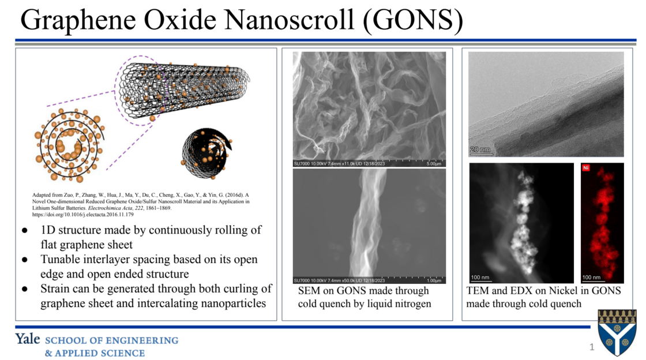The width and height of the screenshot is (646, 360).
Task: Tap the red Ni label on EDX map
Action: click(x=586, y=168)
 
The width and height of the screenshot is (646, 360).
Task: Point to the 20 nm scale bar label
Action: click(x=480, y=149)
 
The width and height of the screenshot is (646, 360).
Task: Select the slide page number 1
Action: click(x=591, y=347)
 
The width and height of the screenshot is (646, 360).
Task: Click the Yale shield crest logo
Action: click(x=617, y=332)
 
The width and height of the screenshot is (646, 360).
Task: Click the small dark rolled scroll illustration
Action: click(x=206, y=151)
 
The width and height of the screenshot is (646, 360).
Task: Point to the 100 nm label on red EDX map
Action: click(x=592, y=277)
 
